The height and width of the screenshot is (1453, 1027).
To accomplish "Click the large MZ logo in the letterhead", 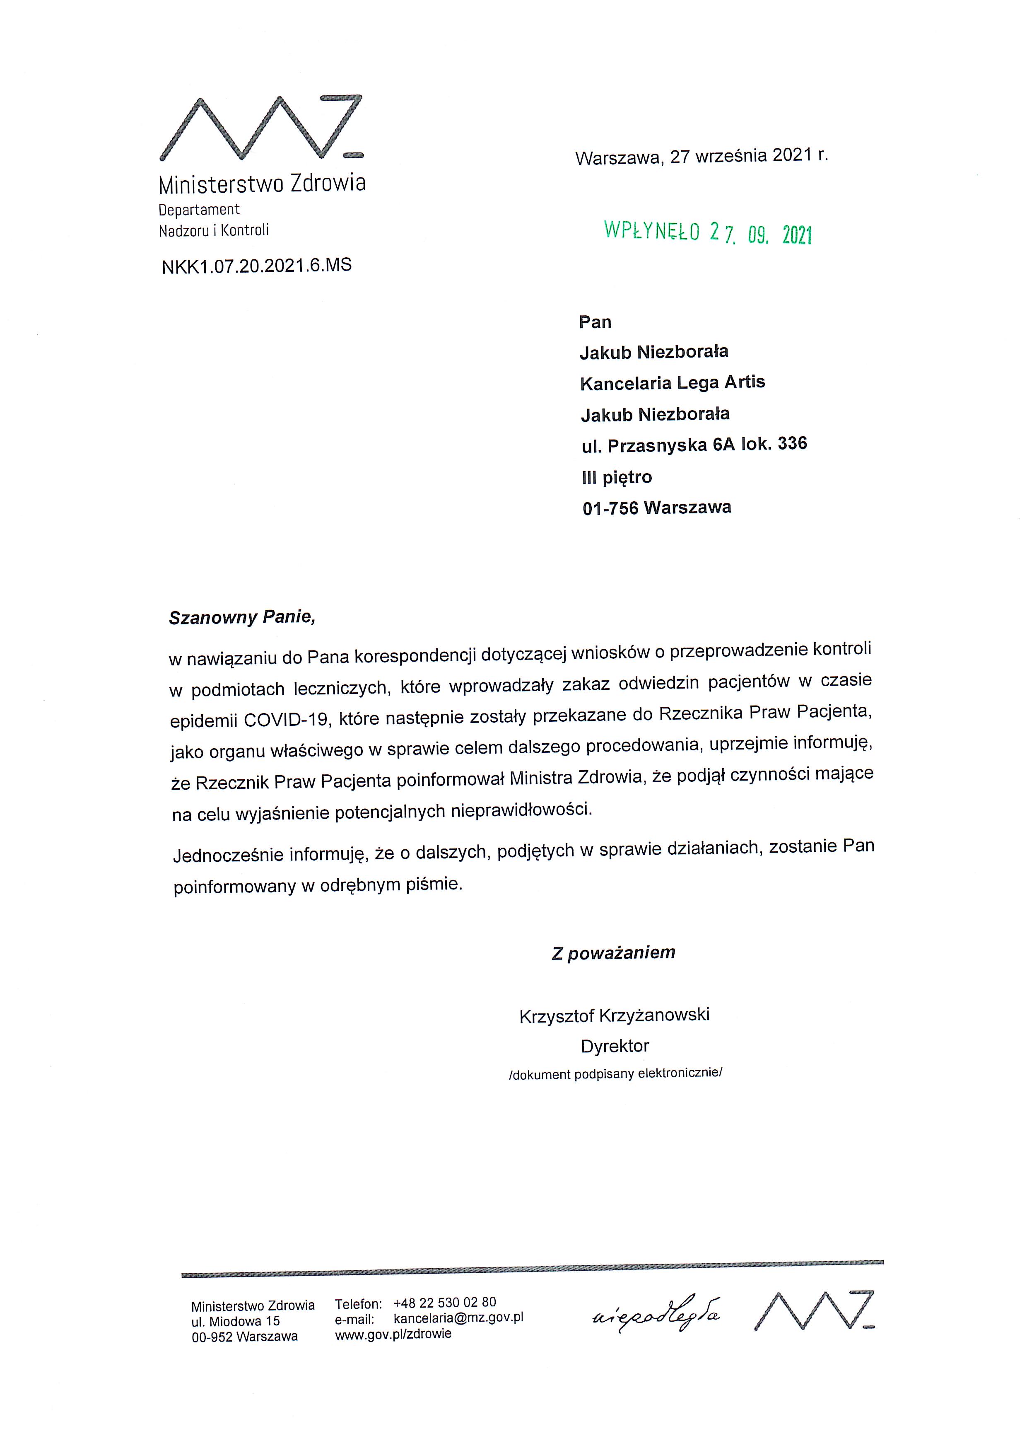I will point(261,128).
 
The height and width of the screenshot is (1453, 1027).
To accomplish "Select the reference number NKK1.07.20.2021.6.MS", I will point(257,266).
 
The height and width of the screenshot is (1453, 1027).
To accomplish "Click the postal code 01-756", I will point(610,508).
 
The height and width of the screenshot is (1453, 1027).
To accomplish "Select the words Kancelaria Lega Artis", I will point(672,383).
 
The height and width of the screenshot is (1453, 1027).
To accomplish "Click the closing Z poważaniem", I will point(613,953).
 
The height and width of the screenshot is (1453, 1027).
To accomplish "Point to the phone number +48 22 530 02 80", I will point(445,1302).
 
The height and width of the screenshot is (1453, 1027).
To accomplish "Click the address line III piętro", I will point(617,477).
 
